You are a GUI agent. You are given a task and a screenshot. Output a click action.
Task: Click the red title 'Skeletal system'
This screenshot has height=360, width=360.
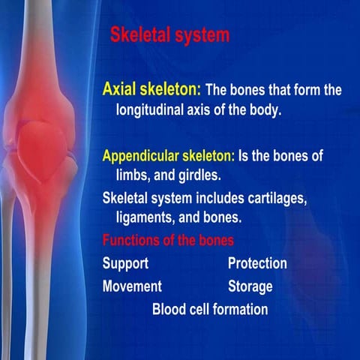(169, 34)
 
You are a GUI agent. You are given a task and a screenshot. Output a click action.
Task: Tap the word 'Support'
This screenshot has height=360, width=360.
(125, 264)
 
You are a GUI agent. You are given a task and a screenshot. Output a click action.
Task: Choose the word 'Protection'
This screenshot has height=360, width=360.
(257, 264)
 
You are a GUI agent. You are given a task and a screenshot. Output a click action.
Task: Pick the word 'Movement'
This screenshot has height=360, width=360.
(132, 286)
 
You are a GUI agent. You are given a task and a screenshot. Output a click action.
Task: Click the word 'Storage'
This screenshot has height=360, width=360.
(250, 286)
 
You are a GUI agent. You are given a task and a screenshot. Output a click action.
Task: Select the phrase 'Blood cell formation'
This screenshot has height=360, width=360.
(209, 308)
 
